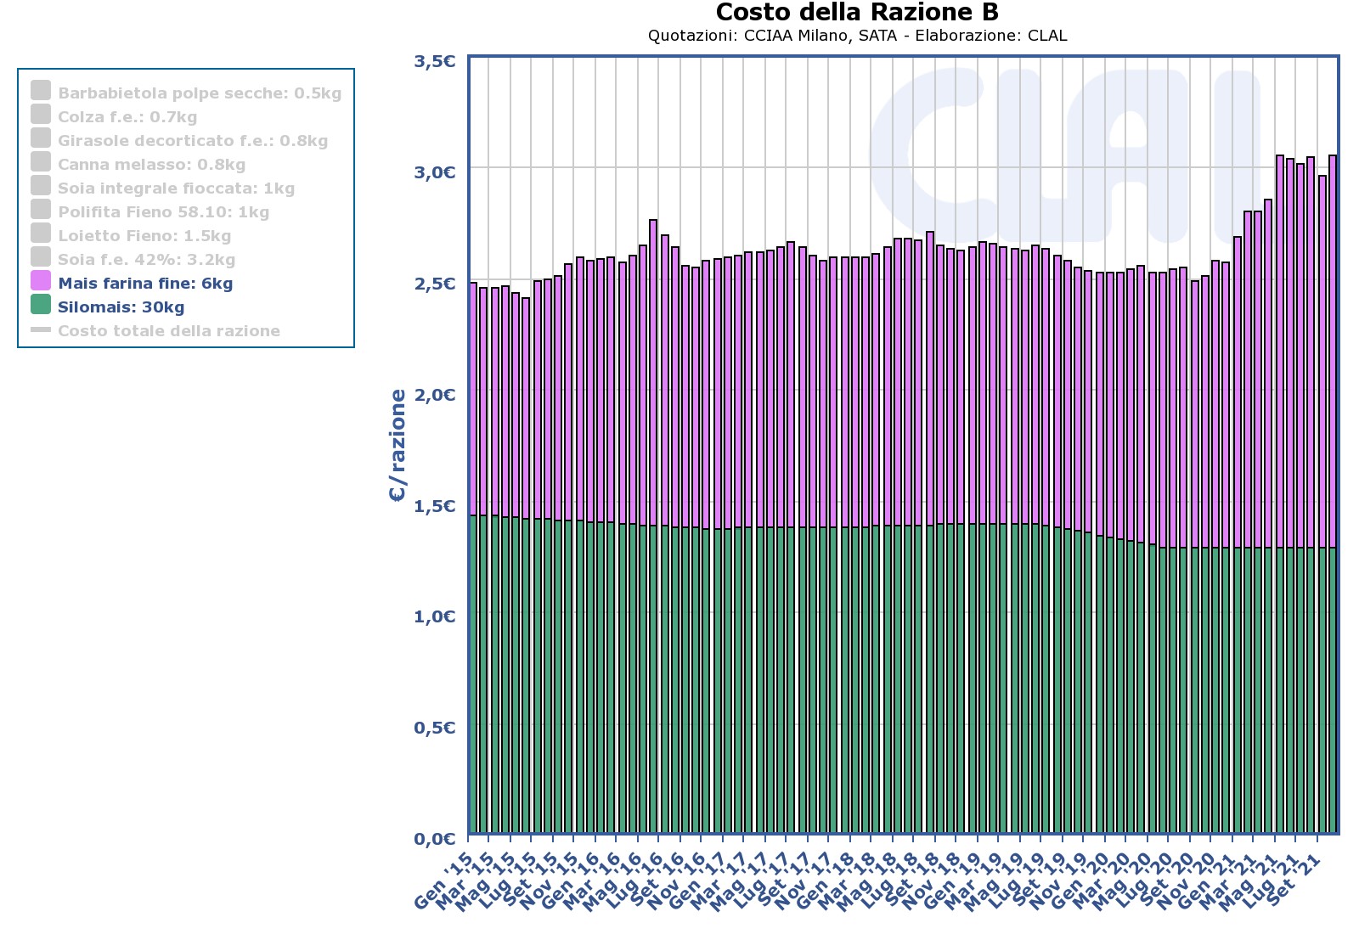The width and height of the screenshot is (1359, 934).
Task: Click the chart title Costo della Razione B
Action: coord(857,13)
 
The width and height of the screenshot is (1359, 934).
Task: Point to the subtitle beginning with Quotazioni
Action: coord(857,36)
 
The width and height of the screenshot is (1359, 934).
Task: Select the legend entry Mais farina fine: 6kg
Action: coord(145,284)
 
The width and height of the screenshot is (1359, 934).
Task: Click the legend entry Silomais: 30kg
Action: coord(121,307)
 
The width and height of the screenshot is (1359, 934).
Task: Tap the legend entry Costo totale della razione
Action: coord(168,331)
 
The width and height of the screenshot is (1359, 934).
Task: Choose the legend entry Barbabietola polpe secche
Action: coord(200,93)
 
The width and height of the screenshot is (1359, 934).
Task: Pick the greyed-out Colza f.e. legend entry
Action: coord(127,117)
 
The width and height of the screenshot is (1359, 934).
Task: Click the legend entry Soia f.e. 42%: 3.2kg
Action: coord(146,260)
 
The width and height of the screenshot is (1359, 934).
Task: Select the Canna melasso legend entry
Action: coord(151,165)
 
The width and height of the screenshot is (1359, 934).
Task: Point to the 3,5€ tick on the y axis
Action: coord(434,61)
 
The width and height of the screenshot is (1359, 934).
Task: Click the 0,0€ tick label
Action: coord(434,839)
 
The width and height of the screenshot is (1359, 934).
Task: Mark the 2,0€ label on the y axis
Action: coord(434,395)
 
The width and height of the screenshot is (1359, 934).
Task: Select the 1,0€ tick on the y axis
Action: coord(434,616)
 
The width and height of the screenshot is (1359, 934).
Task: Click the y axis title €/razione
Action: coord(398,446)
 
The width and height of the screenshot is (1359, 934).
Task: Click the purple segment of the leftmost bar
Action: coord(473,399)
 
